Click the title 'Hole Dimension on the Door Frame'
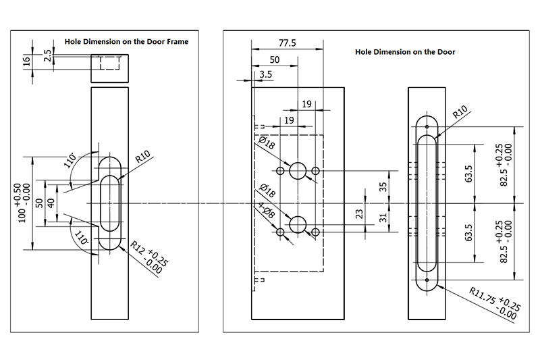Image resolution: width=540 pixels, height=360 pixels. point(126,41)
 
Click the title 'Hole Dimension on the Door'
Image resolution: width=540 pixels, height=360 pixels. point(405,51)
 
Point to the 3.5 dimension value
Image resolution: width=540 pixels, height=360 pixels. point(265,75)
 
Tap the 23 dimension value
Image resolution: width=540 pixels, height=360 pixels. point(360,213)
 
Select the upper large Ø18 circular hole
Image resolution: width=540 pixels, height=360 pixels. point(298,171)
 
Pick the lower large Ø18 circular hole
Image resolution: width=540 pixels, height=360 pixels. point(298,224)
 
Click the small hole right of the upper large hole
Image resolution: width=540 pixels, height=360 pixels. point(315,172)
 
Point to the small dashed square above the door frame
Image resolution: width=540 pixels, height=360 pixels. point(109,64)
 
